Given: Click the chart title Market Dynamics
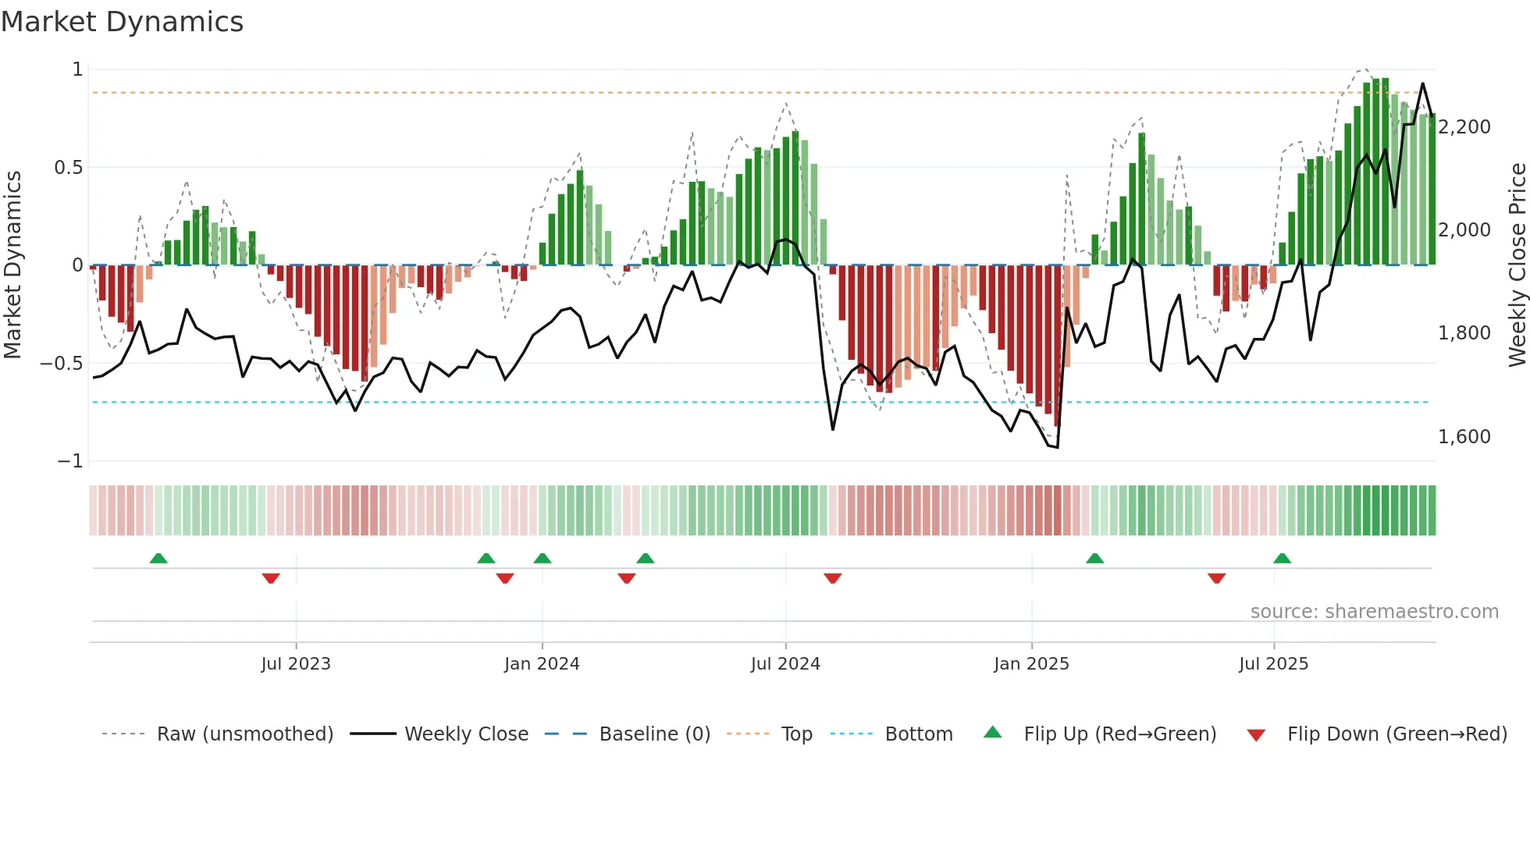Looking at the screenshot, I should tap(122, 22).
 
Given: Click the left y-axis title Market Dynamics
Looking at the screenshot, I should tap(13, 265).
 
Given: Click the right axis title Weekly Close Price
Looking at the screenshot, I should tap(1517, 265).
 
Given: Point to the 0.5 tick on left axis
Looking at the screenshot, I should tap(68, 168).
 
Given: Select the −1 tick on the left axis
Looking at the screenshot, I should tap(69, 461).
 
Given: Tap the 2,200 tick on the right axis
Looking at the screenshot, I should tap(1464, 127).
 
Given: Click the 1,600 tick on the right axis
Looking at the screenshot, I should tap(1464, 437).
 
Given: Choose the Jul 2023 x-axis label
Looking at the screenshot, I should tap(296, 664).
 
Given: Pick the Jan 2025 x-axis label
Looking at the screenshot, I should tap(1031, 664).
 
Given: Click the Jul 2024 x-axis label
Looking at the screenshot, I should tap(785, 664).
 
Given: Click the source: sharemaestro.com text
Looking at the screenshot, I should tap(1374, 612).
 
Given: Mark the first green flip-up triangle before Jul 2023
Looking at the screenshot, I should tap(158, 558).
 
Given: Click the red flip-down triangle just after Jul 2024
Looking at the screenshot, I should tap(833, 578).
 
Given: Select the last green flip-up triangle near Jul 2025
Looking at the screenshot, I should tap(1282, 558).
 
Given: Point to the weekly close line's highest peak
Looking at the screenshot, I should tap(1422, 84).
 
